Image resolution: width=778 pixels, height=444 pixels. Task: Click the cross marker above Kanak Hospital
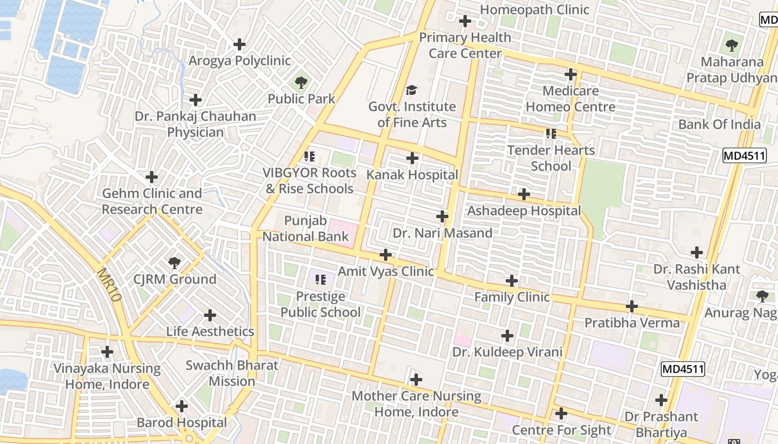tap(412, 158)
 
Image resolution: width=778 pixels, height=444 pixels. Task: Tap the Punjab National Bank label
tap(306, 229)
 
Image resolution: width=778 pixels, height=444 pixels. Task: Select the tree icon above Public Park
tap(301, 83)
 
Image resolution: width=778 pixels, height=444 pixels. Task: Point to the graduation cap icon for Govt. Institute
tap(411, 90)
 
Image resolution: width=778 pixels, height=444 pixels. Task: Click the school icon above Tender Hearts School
tap(551, 134)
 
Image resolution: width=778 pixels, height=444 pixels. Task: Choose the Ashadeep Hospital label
tap(523, 211)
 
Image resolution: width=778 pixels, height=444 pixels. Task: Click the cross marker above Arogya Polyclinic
tap(240, 44)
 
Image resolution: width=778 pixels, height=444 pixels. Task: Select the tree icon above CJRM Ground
tap(174, 263)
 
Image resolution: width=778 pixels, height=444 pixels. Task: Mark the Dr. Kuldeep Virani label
tap(507, 352)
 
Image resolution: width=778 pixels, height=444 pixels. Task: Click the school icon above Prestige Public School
tap(320, 280)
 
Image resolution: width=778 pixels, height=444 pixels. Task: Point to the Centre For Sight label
tap(561, 430)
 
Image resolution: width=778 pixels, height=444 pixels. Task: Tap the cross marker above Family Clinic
tap(512, 281)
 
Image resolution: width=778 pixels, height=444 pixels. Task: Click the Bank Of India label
tap(719, 124)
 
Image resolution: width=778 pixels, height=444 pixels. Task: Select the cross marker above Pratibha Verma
tap(632, 306)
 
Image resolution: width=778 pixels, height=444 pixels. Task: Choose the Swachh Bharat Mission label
tap(232, 373)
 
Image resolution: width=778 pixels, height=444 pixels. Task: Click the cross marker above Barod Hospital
tap(182, 406)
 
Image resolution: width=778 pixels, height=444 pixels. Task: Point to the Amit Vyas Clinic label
tap(386, 271)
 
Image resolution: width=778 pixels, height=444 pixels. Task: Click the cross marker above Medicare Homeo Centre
tap(571, 74)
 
